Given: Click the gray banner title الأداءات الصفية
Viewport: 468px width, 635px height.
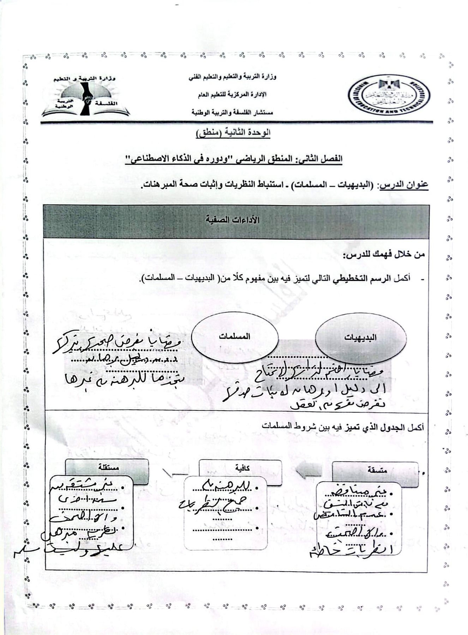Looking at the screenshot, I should tap(236, 220).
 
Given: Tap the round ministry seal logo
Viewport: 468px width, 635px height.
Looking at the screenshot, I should tap(389, 95).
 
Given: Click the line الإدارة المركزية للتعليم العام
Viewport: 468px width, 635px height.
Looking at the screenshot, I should tap(231, 95).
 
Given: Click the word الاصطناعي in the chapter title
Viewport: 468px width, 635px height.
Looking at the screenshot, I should tap(149, 158).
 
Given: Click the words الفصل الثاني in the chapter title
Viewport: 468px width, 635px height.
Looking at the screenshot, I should tap(324, 158).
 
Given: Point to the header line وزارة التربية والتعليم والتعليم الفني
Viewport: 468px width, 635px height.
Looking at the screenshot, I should tap(232, 77).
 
